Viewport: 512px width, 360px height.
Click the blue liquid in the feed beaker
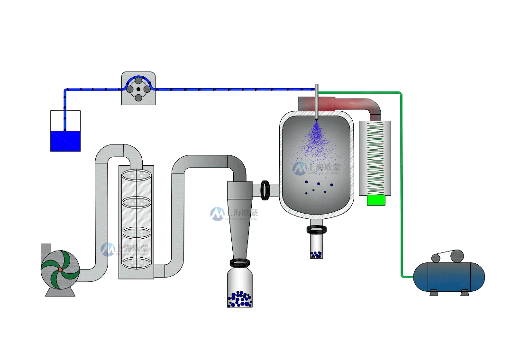click(x=65, y=141)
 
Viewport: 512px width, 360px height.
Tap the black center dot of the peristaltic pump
click(x=138, y=89)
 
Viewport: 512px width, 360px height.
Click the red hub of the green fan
click(x=60, y=270)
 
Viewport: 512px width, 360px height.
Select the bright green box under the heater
click(x=376, y=200)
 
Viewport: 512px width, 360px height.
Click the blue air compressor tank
click(x=449, y=277)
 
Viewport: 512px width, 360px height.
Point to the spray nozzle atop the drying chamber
click(x=316, y=102)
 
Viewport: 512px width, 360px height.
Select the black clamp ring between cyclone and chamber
click(x=265, y=190)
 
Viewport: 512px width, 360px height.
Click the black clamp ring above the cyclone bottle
click(x=240, y=262)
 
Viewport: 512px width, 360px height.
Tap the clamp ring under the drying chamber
click(x=316, y=230)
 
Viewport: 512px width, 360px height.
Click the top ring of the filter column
click(x=136, y=175)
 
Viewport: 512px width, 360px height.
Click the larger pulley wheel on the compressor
click(x=457, y=256)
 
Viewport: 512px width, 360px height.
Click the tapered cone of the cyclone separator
click(x=239, y=227)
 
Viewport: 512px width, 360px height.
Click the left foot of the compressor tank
click(x=434, y=293)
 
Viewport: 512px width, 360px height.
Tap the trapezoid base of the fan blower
click(x=60, y=292)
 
